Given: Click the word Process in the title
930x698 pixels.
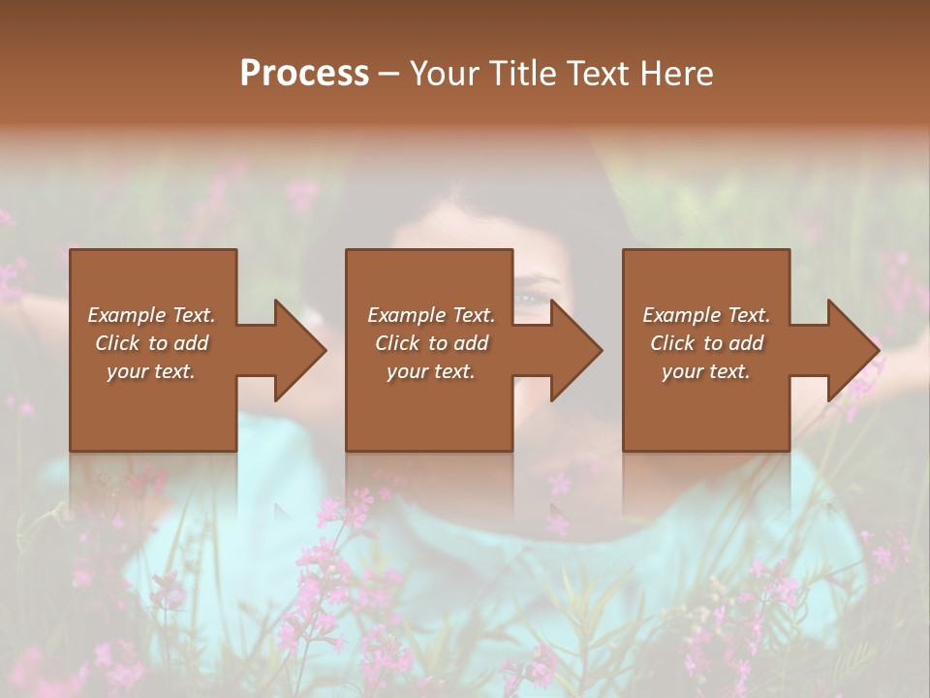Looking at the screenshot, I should click(x=304, y=74).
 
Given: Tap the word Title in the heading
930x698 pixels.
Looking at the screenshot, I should click(x=520, y=74).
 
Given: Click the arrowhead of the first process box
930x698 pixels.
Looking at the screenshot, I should click(x=300, y=350).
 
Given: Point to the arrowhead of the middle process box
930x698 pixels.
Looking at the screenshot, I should click(x=576, y=350).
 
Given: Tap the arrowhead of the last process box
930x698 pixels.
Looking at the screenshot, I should click(x=853, y=350).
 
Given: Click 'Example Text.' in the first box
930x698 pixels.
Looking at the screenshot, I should click(x=151, y=315).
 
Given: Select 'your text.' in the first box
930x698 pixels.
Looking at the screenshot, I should click(x=151, y=371).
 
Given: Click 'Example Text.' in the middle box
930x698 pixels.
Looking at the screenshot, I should click(x=431, y=315).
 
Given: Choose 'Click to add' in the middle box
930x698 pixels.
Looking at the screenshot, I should click(x=431, y=343).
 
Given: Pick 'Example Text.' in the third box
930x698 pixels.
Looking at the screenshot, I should click(x=706, y=315).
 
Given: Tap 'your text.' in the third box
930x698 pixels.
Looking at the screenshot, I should click(x=706, y=371).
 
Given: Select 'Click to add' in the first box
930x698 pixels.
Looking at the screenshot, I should click(x=151, y=343).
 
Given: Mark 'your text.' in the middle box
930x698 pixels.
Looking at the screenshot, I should click(x=431, y=371).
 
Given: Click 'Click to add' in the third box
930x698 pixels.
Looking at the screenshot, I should click(x=706, y=343).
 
